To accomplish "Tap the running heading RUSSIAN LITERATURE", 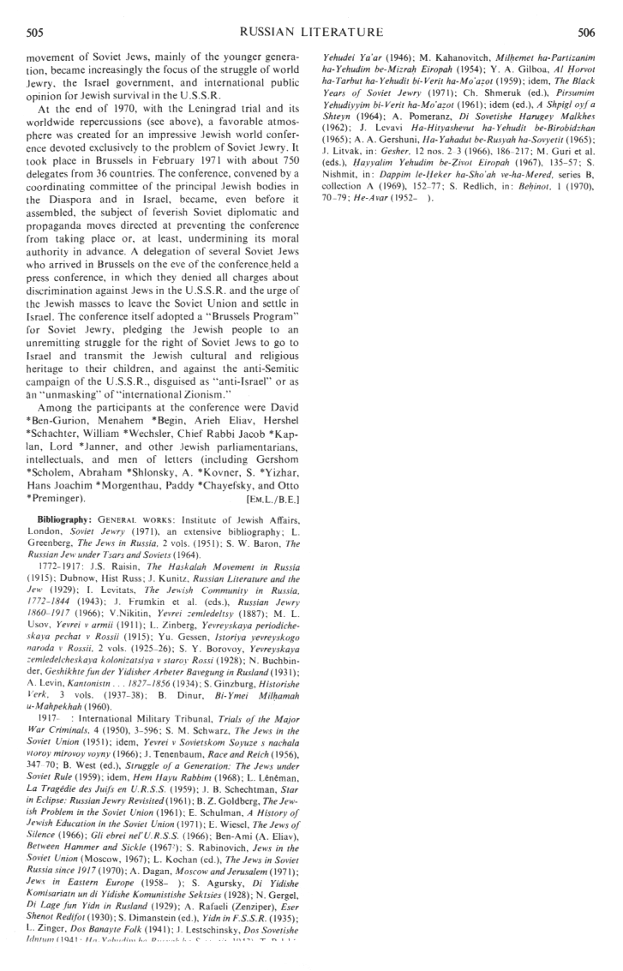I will (x=311, y=33).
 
